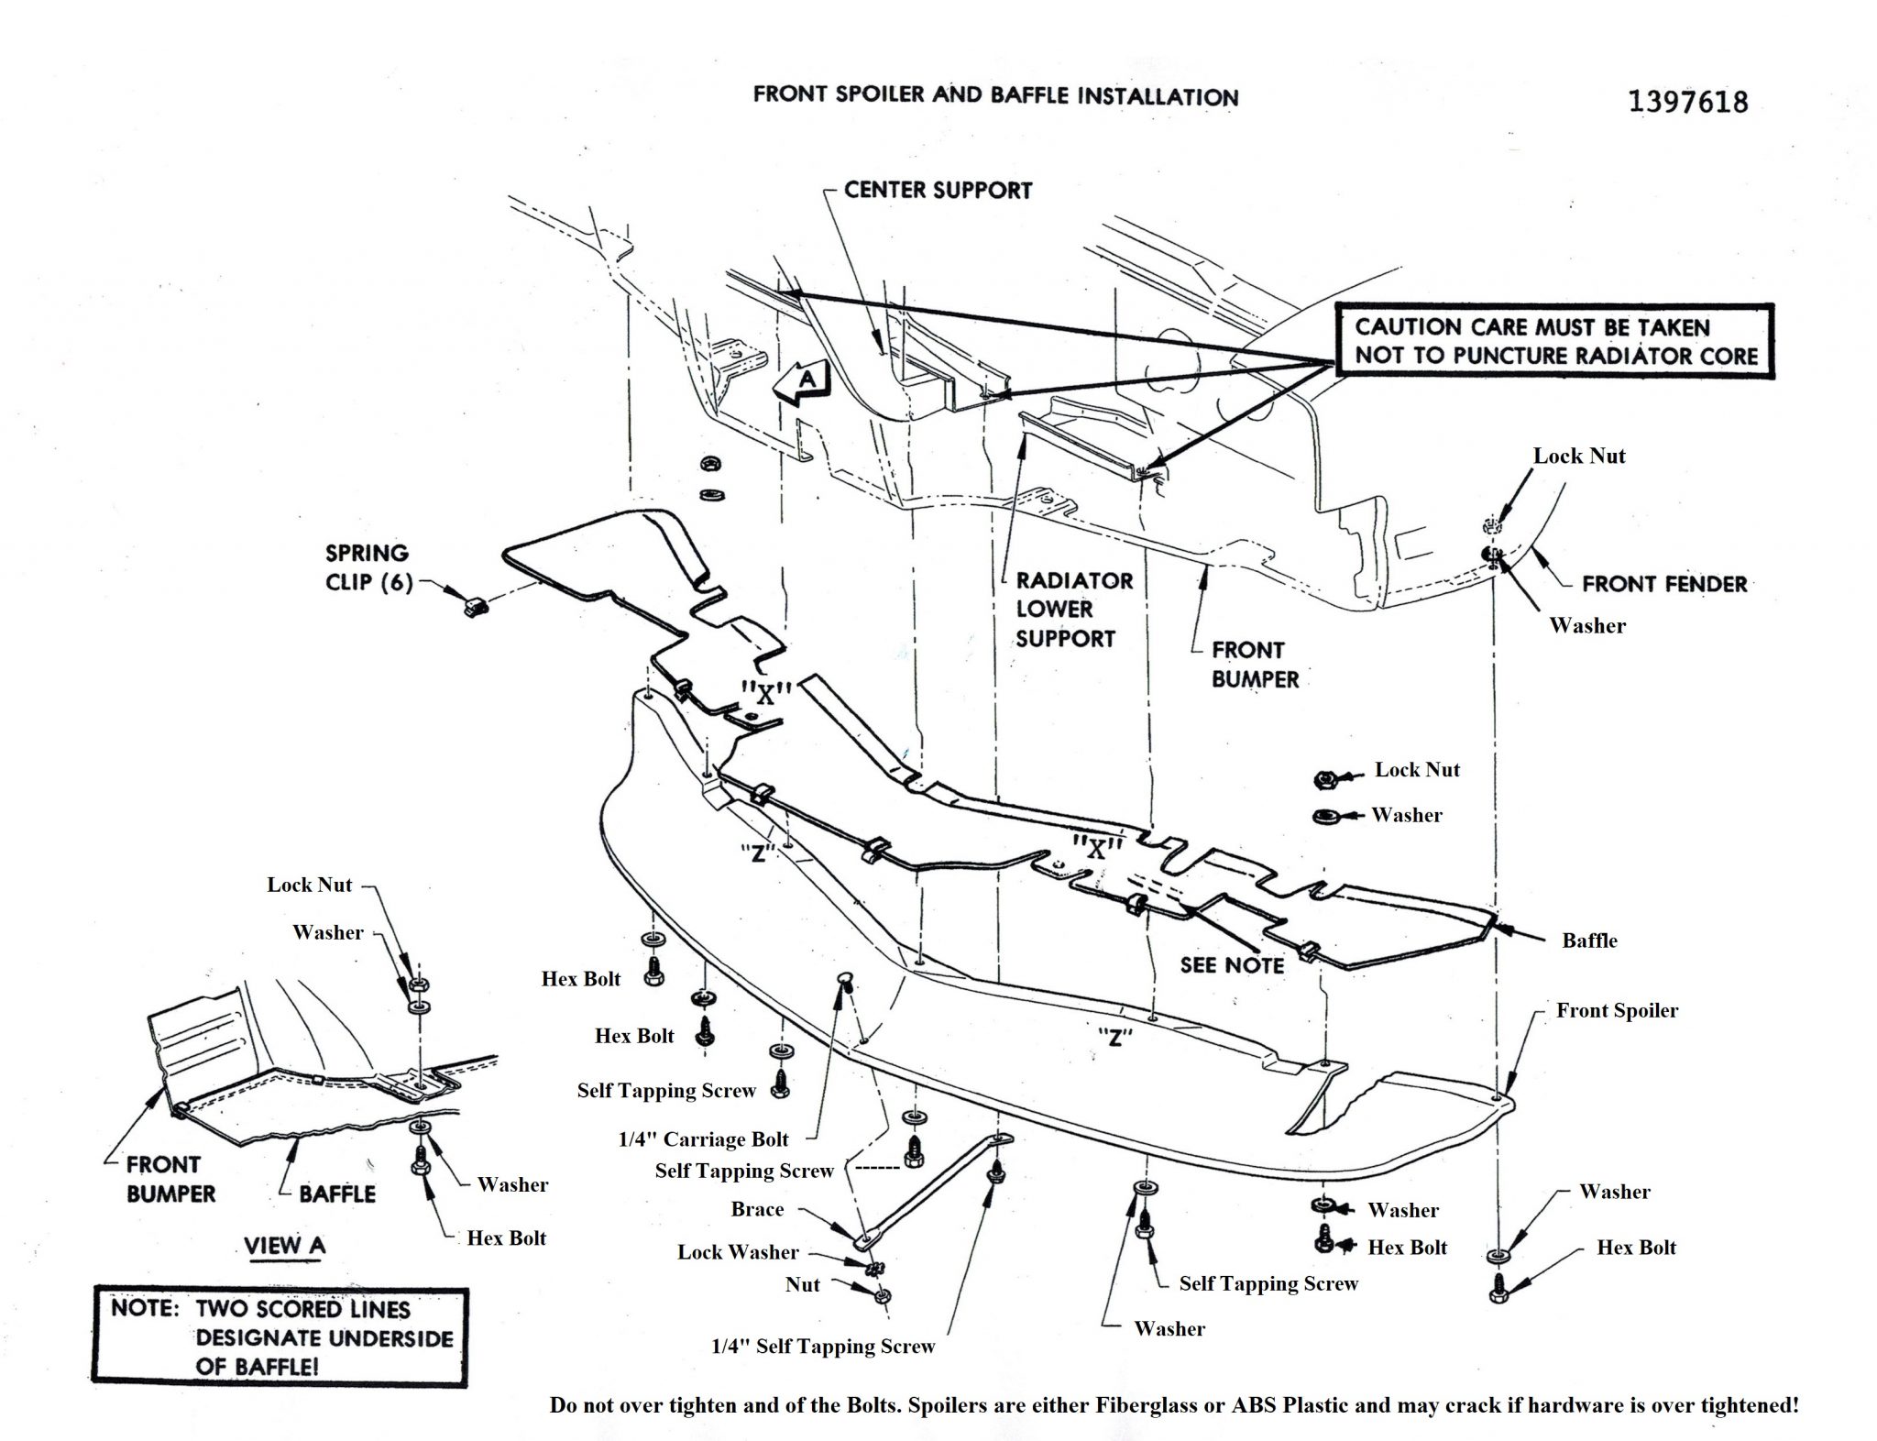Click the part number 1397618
tap(1687, 101)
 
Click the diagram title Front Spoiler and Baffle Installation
tap(995, 96)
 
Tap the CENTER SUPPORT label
tap(938, 190)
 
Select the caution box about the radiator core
tap(1554, 341)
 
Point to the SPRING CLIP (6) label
tap(367, 566)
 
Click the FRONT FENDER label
tap(1663, 584)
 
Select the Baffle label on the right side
tap(1589, 940)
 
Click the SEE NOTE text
tap(1232, 964)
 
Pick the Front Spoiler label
tap(1617, 1010)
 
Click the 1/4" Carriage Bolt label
tap(703, 1139)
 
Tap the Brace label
tap(757, 1209)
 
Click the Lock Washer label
tap(738, 1252)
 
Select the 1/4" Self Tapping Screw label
tap(822, 1347)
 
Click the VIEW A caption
tap(284, 1246)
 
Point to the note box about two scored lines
tap(280, 1337)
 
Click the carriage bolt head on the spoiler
tap(845, 983)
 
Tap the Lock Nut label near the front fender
tap(1579, 456)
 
